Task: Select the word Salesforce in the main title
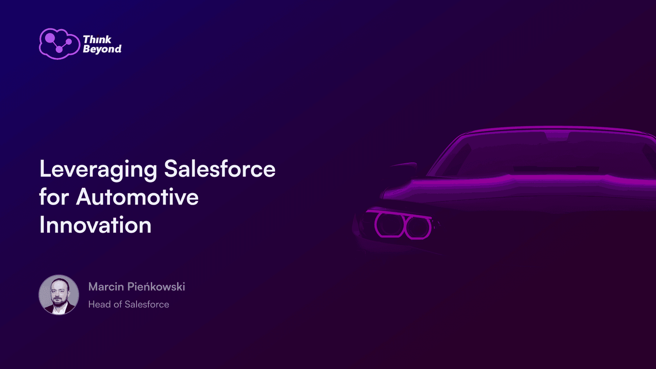tap(220, 169)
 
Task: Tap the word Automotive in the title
tap(137, 196)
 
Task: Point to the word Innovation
tap(96, 225)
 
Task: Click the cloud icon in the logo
tap(59, 44)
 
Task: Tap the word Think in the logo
tap(97, 39)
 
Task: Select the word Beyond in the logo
tap(102, 49)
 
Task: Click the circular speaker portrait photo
tap(59, 295)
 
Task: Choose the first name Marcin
tap(106, 287)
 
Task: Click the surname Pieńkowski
tap(156, 287)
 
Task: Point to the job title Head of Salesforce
tap(129, 304)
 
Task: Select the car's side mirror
tap(403, 170)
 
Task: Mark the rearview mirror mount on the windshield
tap(557, 136)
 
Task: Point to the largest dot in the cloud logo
tap(50, 38)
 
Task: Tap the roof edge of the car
tap(556, 128)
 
